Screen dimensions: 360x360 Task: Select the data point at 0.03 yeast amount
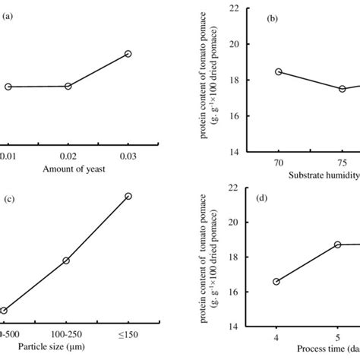128,54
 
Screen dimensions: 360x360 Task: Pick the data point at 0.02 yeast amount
68,87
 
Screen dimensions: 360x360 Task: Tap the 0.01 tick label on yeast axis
7,156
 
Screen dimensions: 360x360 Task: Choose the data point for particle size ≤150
128,196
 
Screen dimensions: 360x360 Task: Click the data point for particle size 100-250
66,261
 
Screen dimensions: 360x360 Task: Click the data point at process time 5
337,245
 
